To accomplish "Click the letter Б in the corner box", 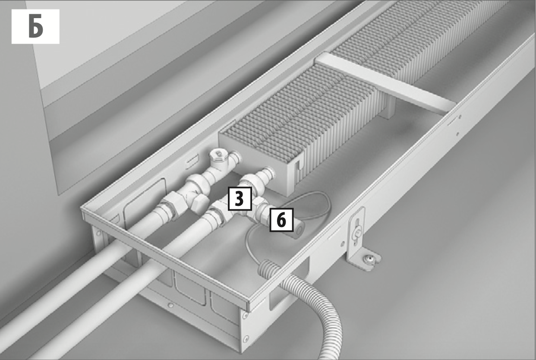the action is point(36,26).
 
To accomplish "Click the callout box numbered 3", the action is point(240,199).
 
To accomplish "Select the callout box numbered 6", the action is point(281,220).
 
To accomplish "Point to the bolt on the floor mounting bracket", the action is point(368,259).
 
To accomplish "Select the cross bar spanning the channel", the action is point(385,82).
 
